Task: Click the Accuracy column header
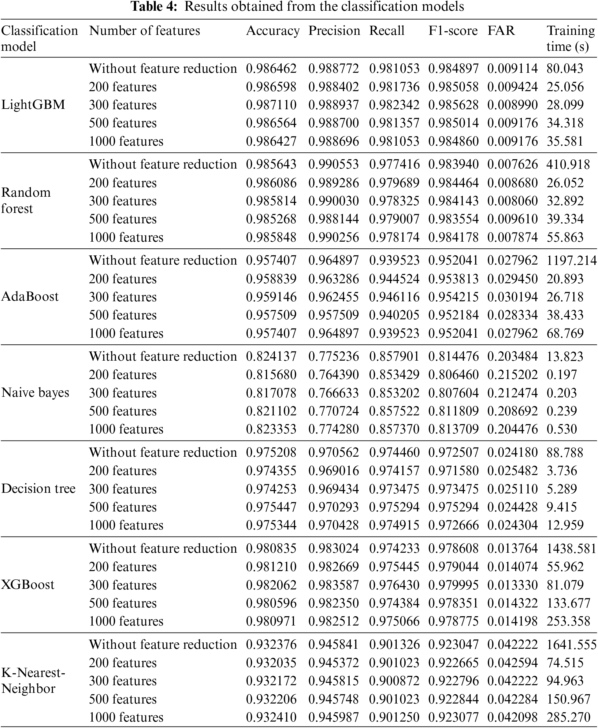(273, 31)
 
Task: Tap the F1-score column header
(453, 31)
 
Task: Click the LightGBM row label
(33, 105)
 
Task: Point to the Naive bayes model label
(35, 392)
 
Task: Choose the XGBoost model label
(28, 585)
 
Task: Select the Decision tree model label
(38, 489)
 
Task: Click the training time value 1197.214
(571, 260)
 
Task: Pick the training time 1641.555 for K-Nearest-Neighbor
(571, 644)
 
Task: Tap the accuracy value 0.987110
(271, 105)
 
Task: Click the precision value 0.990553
(333, 164)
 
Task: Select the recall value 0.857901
(394, 356)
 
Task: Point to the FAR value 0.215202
(512, 374)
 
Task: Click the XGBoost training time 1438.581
(571, 548)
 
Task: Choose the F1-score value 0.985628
(453, 105)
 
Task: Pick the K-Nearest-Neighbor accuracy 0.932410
(271, 717)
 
